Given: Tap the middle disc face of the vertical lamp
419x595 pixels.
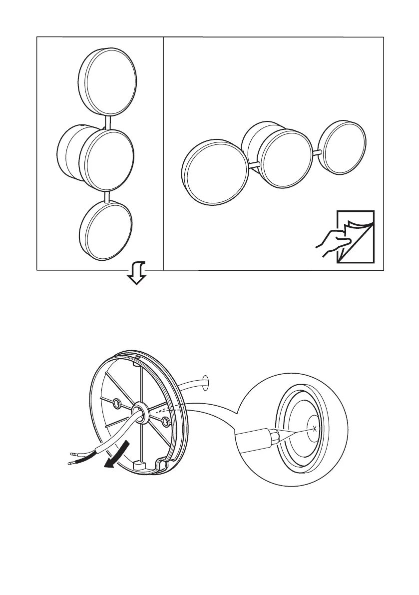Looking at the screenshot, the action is (109, 158).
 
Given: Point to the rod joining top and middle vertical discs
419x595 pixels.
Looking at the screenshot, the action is (108, 121).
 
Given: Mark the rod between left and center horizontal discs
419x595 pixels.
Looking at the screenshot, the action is (253, 164).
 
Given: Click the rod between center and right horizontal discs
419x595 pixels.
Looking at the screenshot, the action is (317, 153).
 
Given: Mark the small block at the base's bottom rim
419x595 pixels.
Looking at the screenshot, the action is (140, 465).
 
